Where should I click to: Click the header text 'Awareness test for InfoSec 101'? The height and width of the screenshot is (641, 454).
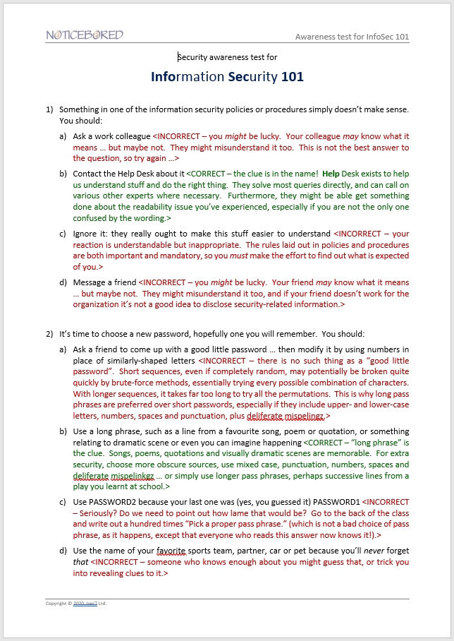click(x=352, y=37)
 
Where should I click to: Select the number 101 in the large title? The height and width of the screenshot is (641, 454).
click(x=293, y=76)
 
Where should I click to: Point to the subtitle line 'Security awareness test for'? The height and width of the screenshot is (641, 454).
click(x=227, y=57)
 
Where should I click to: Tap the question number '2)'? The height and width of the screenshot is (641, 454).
click(x=49, y=333)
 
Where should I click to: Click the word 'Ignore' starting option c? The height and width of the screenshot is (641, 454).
click(x=86, y=233)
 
